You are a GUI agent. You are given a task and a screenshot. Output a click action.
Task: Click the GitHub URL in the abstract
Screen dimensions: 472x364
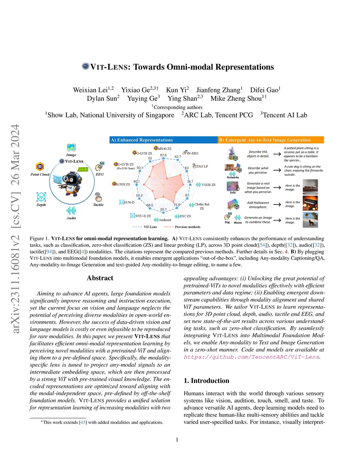[x=252, y=357]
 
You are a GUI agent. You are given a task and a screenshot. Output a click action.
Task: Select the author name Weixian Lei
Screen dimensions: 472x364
[x=90, y=90]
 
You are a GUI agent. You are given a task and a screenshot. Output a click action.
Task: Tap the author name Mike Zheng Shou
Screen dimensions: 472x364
[x=236, y=99]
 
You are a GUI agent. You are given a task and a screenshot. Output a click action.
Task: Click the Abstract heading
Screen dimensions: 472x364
[x=100, y=278]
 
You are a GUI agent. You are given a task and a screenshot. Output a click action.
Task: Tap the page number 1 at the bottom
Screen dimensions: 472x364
[x=177, y=440]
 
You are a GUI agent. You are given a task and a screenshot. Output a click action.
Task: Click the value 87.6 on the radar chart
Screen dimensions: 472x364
[x=163, y=155]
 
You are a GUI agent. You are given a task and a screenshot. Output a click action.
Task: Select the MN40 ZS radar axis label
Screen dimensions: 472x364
[x=164, y=149]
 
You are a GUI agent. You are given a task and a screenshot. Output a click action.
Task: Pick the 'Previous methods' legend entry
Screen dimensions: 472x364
[x=187, y=227]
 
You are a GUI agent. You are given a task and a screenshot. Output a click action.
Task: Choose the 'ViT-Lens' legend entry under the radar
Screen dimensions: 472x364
[x=150, y=227]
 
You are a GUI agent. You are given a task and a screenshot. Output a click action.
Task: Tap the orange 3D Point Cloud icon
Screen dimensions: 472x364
[x=40, y=166]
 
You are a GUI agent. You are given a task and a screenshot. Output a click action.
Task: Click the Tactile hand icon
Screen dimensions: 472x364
[x=98, y=197]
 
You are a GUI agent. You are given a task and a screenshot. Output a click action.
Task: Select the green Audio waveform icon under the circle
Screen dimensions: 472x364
[x=71, y=211]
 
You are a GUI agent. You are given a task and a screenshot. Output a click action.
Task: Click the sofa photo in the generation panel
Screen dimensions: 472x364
[x=310, y=187]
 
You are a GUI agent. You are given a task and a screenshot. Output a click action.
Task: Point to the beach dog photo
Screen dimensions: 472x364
[x=310, y=220]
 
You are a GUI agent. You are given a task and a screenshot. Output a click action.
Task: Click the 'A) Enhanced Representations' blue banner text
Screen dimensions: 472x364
[x=142, y=140]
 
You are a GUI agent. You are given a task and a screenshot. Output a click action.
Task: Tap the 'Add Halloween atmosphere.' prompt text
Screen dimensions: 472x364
[x=258, y=205]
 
